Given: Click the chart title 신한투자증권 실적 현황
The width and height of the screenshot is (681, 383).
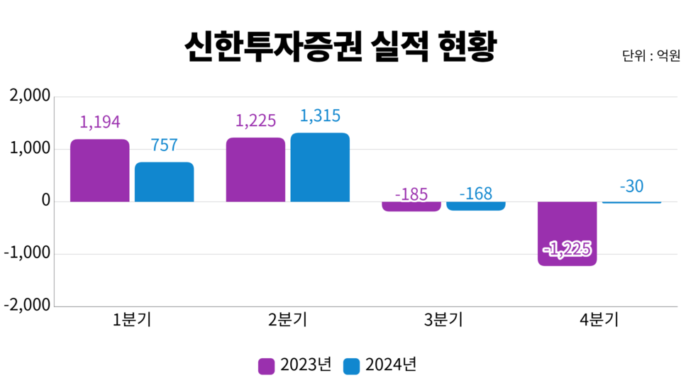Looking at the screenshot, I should point(340,47).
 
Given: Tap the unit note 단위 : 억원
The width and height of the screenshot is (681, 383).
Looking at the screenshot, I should point(651,56).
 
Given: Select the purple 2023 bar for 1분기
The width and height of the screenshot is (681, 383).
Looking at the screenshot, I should point(100,170).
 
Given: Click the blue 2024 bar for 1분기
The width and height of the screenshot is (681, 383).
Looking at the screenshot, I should point(165,182).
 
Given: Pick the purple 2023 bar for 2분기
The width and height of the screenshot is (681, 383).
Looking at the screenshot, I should point(255,170).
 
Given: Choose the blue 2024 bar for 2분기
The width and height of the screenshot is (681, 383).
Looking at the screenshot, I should point(320,167).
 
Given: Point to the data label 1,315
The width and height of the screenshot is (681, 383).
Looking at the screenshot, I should point(320,116).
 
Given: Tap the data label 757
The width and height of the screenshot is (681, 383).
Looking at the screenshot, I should point(165,145).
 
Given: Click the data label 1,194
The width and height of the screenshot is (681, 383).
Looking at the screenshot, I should point(100,121).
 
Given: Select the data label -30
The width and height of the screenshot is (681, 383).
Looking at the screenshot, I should point(631,187).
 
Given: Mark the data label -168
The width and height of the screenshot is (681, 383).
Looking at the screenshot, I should point(476,193).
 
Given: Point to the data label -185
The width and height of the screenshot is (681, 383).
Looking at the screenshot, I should point(411,194).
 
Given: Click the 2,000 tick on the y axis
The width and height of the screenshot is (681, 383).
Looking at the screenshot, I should point(30,96).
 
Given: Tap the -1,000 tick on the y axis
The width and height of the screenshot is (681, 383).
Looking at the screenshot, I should point(27,254).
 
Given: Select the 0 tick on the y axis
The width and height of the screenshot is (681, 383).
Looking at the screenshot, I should point(45,201).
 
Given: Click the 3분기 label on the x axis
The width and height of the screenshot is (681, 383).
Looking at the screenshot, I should point(443,320).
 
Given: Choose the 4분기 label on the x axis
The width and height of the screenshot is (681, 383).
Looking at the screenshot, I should point(599,320).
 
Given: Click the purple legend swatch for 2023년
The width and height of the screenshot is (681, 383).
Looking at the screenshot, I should point(267,365).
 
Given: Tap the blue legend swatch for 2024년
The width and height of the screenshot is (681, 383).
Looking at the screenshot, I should point(351,365).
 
